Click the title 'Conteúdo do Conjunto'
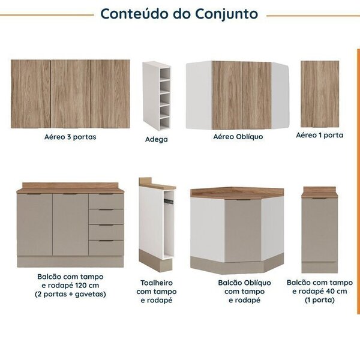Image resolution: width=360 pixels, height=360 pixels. [179, 14]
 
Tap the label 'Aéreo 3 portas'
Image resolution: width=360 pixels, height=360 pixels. [70, 137]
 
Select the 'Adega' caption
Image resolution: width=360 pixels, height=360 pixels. [157, 139]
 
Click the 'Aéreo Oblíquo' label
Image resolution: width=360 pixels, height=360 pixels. [238, 137]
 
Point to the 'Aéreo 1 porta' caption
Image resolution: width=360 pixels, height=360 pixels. [320, 136]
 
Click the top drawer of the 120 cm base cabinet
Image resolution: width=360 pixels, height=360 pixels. [106, 201]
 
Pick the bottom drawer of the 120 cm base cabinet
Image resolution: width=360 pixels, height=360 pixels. [106, 247]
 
